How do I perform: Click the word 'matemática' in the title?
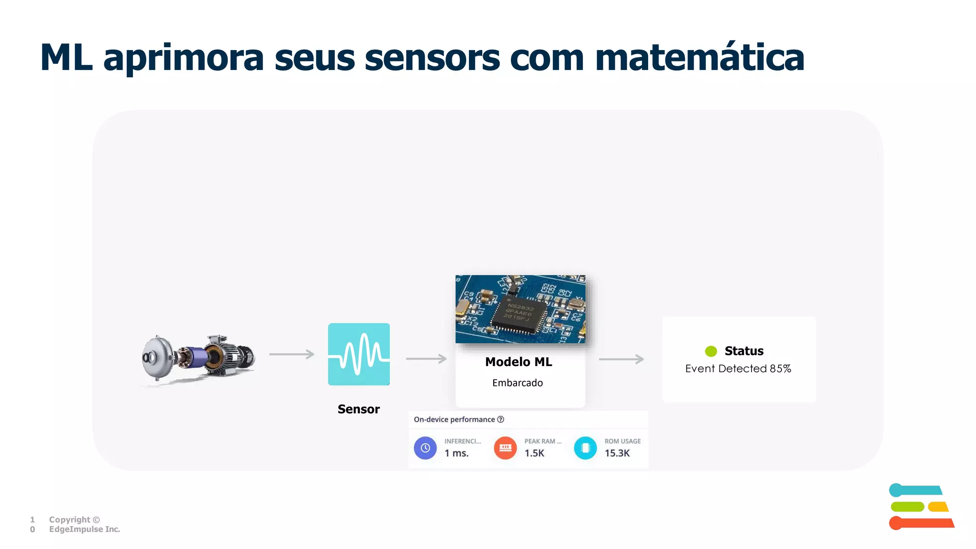[700, 58]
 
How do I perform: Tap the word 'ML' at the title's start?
[66, 58]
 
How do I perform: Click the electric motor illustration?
[199, 357]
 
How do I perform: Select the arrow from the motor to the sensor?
[292, 354]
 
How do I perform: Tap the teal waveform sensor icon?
[359, 354]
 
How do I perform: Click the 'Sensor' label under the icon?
[358, 409]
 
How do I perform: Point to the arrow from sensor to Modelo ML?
[426, 359]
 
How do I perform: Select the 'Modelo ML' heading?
[518, 362]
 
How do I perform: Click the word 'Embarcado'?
[518, 383]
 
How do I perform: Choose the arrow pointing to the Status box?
[621, 359]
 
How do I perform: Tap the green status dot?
[711, 351]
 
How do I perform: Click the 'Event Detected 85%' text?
[738, 368]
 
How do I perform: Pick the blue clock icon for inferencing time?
[425, 448]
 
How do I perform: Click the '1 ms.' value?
[457, 453]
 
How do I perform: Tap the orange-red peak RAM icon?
[505, 448]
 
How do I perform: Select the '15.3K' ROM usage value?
[617, 453]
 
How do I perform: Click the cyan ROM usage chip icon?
[585, 448]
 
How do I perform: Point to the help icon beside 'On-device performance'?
[500, 419]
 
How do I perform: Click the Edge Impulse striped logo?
[921, 507]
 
